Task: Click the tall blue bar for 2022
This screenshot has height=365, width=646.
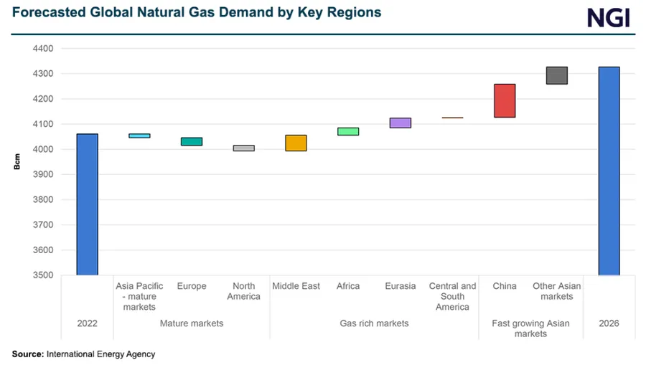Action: tap(87, 204)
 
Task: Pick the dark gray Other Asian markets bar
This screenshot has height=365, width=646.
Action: tap(556, 75)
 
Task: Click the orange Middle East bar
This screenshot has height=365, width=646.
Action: tap(296, 143)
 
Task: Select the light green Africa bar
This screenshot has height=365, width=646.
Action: tap(348, 131)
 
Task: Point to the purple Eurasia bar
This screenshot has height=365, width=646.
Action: tap(400, 123)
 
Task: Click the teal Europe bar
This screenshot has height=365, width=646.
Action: tap(192, 141)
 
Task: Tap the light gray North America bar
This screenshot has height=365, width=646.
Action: tap(243, 148)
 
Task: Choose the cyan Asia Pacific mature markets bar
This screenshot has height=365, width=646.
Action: tap(139, 136)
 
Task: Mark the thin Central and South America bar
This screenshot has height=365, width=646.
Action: tap(452, 118)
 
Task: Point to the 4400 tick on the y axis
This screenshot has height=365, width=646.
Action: tap(43, 49)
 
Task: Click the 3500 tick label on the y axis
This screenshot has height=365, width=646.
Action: tap(43, 275)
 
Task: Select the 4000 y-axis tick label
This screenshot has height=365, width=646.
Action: tap(43, 149)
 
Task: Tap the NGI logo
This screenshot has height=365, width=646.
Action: tap(608, 17)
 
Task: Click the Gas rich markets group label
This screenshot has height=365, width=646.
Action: tap(374, 323)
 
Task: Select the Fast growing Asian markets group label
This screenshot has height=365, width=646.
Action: tap(530, 328)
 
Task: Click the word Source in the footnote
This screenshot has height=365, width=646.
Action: tap(27, 354)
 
